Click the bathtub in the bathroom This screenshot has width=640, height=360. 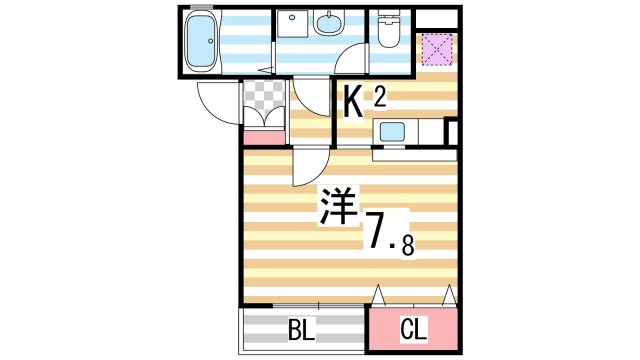(204, 43)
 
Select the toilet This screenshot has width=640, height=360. (389, 29)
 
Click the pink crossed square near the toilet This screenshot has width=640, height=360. (435, 48)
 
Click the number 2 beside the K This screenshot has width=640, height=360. (380, 95)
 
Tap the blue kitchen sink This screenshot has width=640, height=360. (390, 132)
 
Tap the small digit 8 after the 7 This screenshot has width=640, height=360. (408, 243)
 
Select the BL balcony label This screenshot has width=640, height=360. (302, 329)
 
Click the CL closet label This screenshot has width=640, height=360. (413, 329)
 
